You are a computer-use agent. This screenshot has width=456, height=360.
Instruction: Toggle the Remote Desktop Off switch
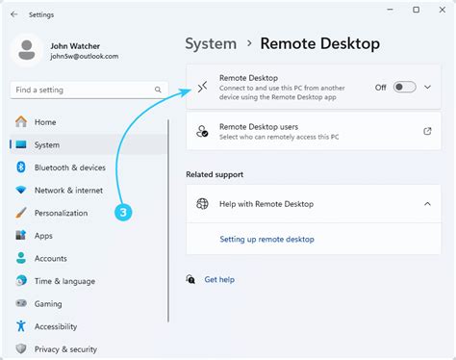pos(404,88)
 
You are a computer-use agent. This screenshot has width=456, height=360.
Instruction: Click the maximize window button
pos(416,11)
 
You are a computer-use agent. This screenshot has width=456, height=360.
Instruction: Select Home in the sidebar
pos(45,122)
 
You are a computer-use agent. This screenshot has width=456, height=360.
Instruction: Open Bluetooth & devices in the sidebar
pos(69,167)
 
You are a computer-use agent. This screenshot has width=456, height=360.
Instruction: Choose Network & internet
pos(68,191)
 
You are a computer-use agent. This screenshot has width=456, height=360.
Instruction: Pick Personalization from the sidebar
pos(61,213)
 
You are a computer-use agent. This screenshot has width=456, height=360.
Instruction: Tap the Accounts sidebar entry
pos(51,258)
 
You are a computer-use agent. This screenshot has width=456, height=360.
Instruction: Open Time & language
pos(64,281)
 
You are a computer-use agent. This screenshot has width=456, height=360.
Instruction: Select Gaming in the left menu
pos(48,303)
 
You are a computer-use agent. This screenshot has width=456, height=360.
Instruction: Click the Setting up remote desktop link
pos(266,239)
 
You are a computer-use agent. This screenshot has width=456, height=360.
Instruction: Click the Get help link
pos(219,279)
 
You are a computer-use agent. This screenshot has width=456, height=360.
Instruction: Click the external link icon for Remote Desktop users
pos(427,131)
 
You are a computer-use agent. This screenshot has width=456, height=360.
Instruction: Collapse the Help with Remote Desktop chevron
pos(427,204)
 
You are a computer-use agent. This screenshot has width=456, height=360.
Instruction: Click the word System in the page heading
pos(211,43)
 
